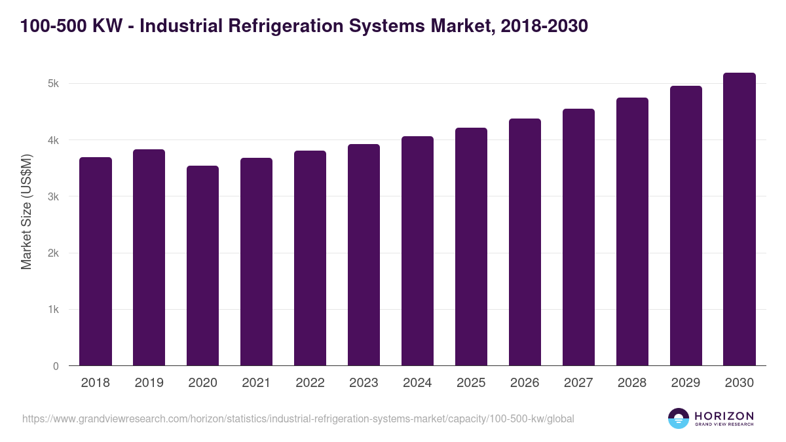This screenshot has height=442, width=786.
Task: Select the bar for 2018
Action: click(96, 262)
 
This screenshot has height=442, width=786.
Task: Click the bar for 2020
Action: click(203, 266)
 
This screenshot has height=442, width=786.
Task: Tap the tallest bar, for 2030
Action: click(739, 219)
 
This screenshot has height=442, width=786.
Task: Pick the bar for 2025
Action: click(472, 247)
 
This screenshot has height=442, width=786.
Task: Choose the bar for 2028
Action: click(632, 232)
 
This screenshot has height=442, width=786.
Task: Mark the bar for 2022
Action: click(310, 259)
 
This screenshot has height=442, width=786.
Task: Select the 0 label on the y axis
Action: click(56, 366)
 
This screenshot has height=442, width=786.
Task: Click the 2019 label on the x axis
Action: click(149, 383)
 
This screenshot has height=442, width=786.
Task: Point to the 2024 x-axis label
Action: click(418, 383)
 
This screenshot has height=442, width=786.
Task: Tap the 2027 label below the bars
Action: click(579, 383)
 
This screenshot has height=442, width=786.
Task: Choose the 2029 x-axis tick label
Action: click(686, 383)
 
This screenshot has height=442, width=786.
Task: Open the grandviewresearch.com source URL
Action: click(298, 418)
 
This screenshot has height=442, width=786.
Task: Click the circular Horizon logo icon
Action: click(679, 418)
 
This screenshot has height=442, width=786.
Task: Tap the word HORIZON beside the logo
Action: click(724, 416)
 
